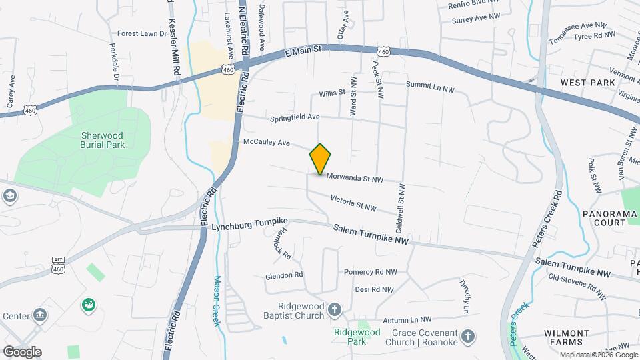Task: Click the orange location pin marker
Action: (321, 159)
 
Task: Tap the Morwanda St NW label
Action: (355, 179)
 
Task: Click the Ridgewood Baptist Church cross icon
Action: (335, 310)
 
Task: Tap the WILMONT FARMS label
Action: (567, 338)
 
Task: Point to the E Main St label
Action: (303, 50)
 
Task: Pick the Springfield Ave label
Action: (295, 118)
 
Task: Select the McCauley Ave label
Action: (267, 142)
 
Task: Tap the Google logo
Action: (21, 351)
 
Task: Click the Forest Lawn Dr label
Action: (142, 33)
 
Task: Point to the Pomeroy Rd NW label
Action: (370, 272)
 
